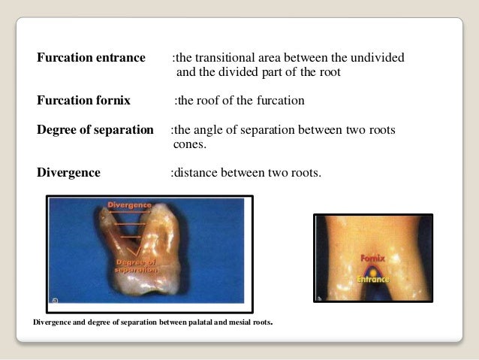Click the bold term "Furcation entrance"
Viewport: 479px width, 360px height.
point(91,58)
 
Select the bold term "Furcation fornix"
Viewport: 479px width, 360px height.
point(83,100)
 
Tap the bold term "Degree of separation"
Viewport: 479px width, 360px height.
point(95,129)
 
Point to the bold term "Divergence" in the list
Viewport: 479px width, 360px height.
point(68,172)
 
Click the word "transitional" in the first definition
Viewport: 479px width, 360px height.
point(227,58)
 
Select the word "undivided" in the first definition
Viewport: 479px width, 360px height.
point(378,58)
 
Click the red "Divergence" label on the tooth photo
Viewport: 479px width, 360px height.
point(130,204)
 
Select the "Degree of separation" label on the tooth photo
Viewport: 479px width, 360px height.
point(135,265)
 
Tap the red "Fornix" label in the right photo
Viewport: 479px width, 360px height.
point(372,258)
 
